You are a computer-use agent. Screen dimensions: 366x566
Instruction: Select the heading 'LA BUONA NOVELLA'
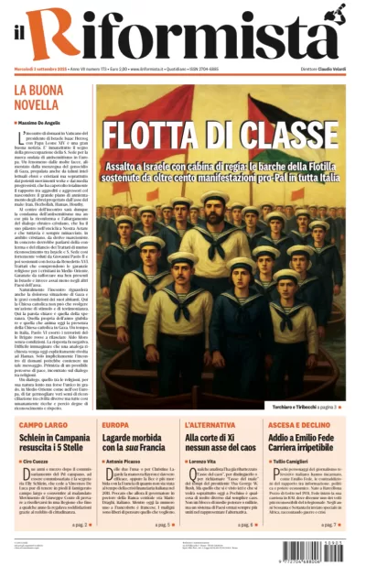(38, 96)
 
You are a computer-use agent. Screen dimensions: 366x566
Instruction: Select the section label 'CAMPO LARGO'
(45, 426)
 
